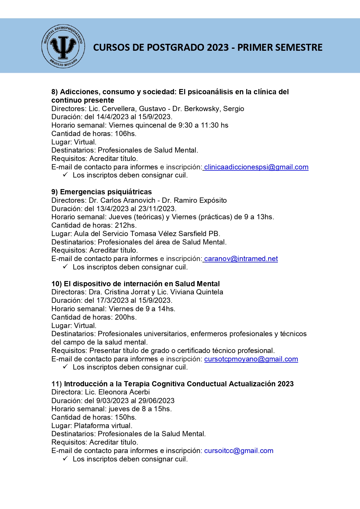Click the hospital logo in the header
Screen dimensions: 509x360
[x=63, y=46]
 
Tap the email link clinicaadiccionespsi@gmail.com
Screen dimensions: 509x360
[x=256, y=167]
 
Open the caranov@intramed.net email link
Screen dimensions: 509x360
[x=241, y=259]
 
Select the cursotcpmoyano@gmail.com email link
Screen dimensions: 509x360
[x=251, y=359]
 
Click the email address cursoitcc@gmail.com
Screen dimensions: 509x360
[x=238, y=451]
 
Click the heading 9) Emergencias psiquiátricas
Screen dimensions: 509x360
[x=102, y=192]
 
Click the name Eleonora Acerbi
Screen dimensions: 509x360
[x=124, y=392]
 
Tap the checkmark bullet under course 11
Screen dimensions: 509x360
[x=65, y=459]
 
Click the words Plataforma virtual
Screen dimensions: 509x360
[x=103, y=426]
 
